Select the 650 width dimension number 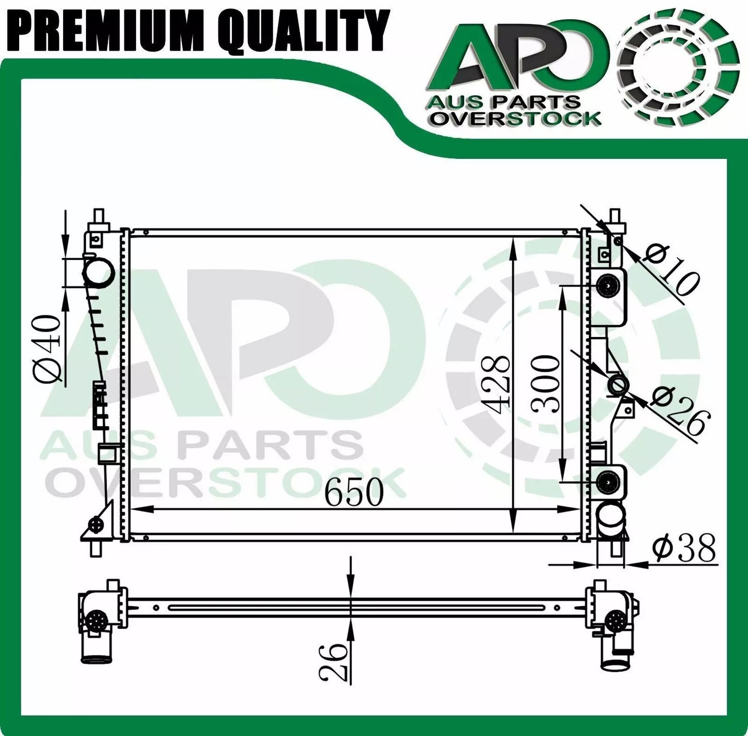click(354, 492)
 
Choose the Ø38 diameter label click(684, 548)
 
